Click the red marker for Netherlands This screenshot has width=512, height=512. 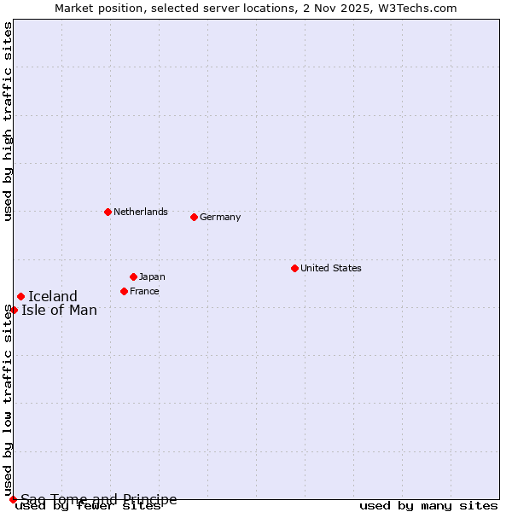pyautogui.click(x=108, y=212)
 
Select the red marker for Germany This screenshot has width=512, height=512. pyautogui.click(x=194, y=217)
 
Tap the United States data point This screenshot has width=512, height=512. pyautogui.click(x=294, y=268)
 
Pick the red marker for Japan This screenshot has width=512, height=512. pyautogui.click(x=133, y=276)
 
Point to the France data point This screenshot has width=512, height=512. pyautogui.click(x=124, y=291)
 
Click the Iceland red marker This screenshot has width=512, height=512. pyautogui.click(x=20, y=297)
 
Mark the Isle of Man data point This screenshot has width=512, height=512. pyautogui.click(x=14, y=310)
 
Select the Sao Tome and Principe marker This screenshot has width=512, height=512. pyautogui.click(x=13, y=499)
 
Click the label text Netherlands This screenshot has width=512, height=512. pyautogui.click(x=141, y=212)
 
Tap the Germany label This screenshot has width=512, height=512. pyautogui.click(x=220, y=217)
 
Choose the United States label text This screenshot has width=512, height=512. pyautogui.click(x=331, y=268)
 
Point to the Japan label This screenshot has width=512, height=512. pyautogui.click(x=152, y=276)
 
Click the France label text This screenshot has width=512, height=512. pyautogui.click(x=144, y=291)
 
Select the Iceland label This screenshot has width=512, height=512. pyautogui.click(x=53, y=297)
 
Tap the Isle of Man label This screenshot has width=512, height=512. pyautogui.click(x=60, y=310)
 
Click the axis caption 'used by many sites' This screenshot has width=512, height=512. pyautogui.click(x=428, y=506)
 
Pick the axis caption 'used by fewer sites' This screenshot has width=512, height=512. pyautogui.click(x=88, y=506)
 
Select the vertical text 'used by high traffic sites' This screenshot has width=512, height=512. pyautogui.click(x=8, y=122)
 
